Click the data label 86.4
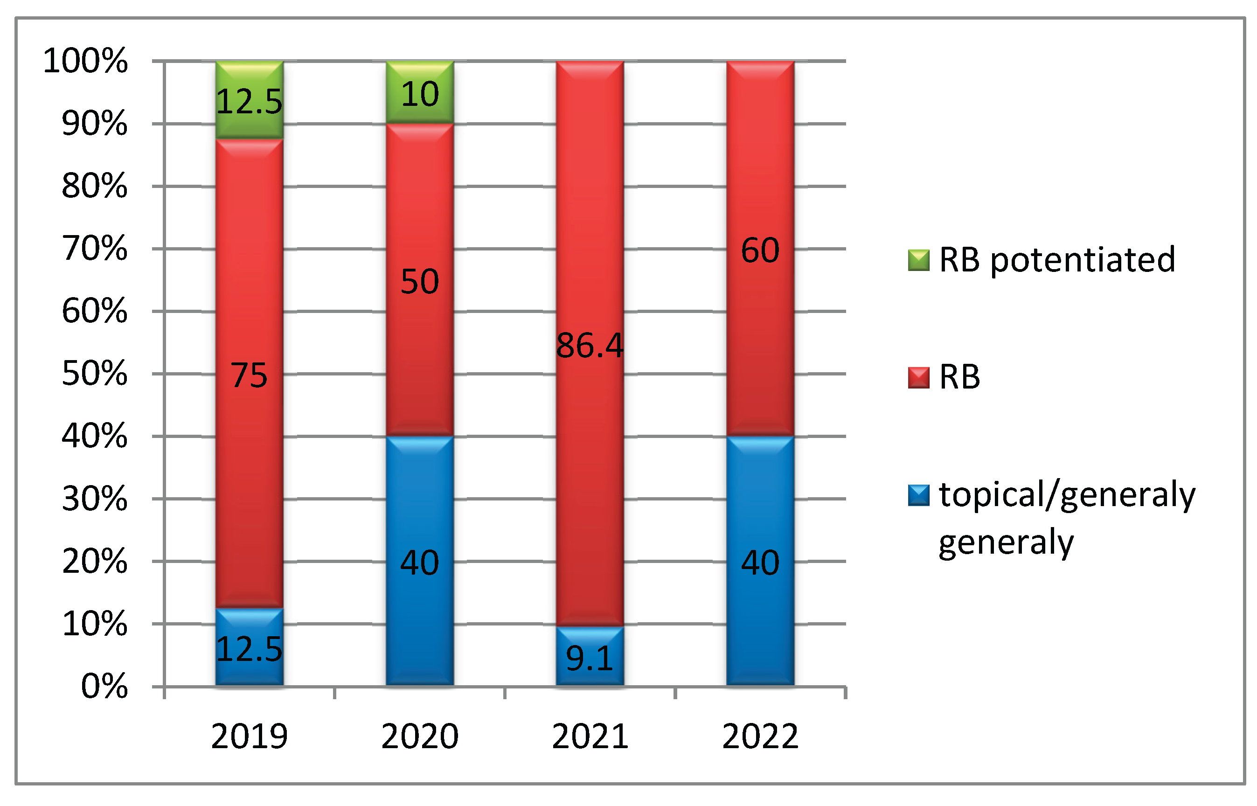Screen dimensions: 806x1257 (590, 346)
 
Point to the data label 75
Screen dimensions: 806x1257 (249, 376)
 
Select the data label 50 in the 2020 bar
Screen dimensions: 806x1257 (420, 282)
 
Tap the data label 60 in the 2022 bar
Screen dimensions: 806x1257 (760, 250)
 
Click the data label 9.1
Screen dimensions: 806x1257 (590, 659)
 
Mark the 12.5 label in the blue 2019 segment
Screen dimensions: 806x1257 (249, 649)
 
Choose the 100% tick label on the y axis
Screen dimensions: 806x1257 (85, 61)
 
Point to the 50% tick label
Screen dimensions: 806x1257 (94, 374)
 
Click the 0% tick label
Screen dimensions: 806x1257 (104, 687)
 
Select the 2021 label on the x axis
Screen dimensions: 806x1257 (590, 737)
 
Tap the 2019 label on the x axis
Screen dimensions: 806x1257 (249, 737)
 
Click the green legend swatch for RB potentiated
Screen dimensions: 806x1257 (918, 260)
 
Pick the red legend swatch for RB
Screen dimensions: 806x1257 (918, 377)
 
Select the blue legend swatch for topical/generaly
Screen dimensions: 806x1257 (918, 495)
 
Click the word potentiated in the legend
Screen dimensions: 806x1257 (1083, 260)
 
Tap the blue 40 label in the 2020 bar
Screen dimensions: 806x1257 (420, 563)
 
